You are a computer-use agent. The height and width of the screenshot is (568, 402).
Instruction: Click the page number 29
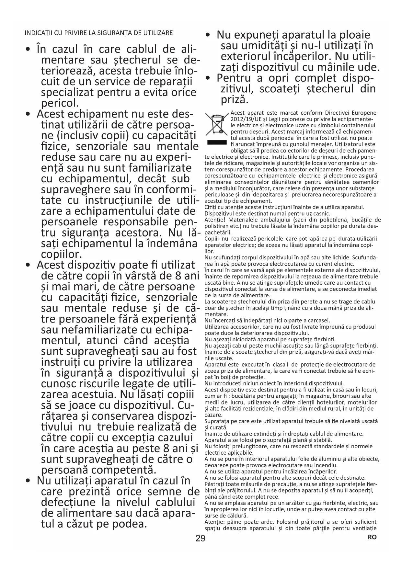pos(201,539)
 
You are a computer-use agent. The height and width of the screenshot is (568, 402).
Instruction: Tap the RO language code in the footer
pos(372,537)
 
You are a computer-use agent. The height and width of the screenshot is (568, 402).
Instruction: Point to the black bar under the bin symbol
pos(216,142)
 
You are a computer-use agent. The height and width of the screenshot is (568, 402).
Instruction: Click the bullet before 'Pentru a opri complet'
pos(209,78)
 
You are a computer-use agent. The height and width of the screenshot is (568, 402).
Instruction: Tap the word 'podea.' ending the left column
pos(130,524)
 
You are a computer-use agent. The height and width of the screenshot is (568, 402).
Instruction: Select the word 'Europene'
pos(365,113)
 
